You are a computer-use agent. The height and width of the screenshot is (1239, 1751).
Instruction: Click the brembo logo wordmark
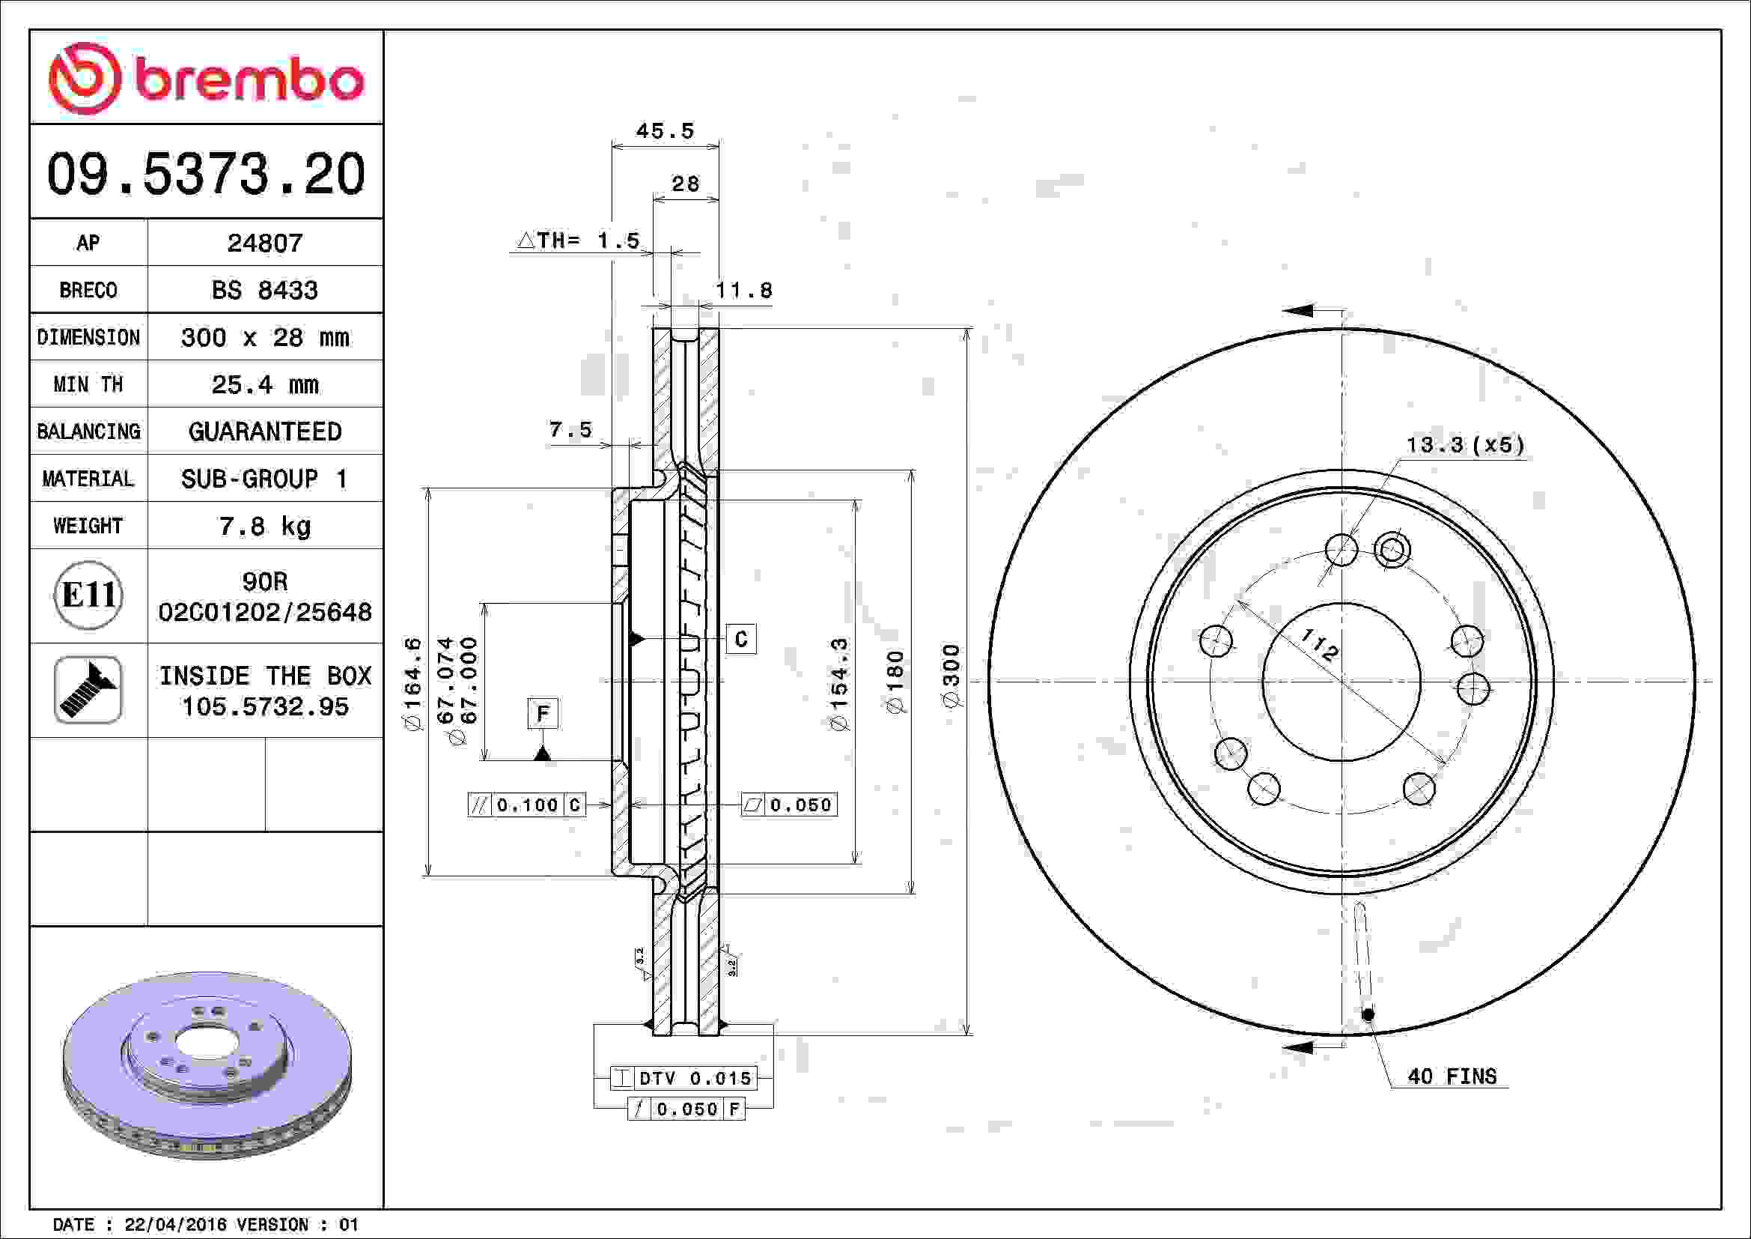249,79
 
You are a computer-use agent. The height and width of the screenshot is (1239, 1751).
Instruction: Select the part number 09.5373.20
206,174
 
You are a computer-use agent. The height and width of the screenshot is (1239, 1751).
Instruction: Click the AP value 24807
264,243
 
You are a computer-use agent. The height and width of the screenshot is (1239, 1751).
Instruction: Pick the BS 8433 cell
264,290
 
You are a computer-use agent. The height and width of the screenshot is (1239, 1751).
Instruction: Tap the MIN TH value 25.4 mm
264,384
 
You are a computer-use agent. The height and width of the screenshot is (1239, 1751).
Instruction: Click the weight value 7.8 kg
264,526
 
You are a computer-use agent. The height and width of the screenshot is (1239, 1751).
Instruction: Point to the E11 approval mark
88,595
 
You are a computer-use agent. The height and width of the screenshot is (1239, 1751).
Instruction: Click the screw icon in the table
88,690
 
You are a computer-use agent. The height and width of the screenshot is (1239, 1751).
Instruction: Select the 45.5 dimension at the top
665,131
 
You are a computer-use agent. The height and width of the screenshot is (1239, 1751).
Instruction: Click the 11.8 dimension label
743,290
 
